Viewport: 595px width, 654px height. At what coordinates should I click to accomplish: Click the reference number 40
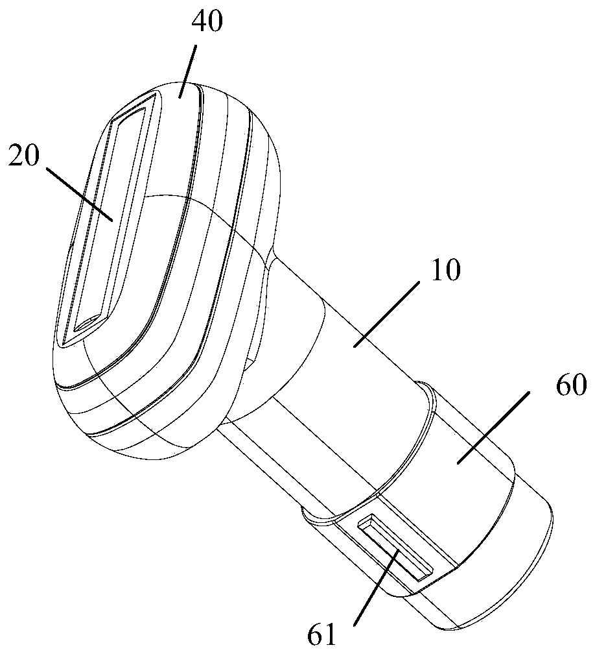[207, 23]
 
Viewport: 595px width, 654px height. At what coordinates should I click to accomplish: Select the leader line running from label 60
[493, 426]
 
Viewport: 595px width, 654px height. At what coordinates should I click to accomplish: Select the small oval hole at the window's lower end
[86, 322]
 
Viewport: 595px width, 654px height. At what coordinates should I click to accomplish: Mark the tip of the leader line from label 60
[457, 461]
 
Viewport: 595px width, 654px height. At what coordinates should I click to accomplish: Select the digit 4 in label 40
[198, 23]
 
